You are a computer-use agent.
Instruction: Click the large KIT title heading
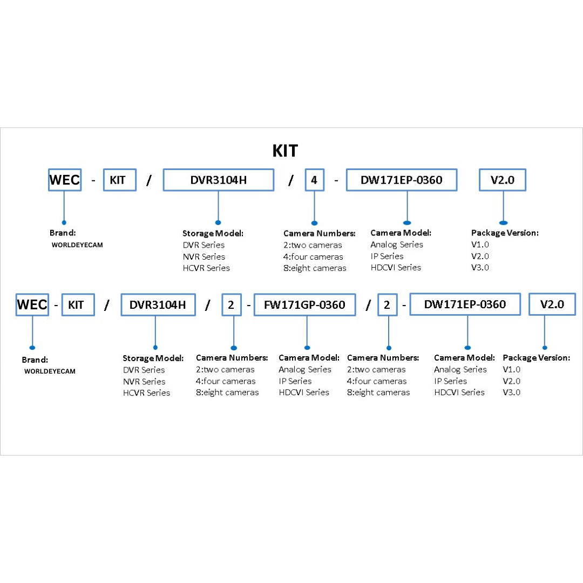tap(285, 151)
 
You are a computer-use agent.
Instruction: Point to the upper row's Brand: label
tap(63, 233)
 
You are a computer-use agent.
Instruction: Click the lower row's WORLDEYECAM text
tap(50, 371)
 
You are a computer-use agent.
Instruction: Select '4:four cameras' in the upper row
tap(313, 256)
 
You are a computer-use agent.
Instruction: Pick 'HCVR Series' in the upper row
tap(206, 268)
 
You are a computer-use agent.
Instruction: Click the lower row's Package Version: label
tap(536, 358)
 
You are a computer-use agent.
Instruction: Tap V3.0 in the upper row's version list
tap(480, 267)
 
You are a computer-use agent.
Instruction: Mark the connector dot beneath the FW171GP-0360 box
tap(307, 348)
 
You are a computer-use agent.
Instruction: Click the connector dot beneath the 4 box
tap(315, 223)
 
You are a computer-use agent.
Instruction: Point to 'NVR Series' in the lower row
tap(144, 382)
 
